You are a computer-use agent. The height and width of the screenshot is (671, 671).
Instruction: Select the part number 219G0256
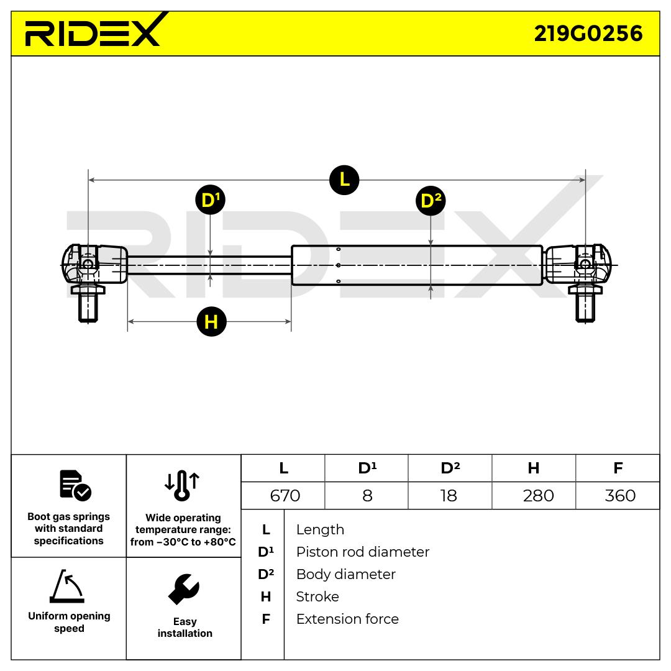(588, 33)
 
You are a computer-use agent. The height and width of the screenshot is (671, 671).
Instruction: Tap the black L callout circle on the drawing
(344, 180)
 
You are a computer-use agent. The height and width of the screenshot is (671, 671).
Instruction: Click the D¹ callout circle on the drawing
(210, 200)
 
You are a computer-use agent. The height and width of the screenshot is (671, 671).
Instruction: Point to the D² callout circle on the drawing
(431, 201)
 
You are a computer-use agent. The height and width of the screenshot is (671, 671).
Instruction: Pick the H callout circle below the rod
(211, 322)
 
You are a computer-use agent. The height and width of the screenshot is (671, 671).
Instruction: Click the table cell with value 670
(285, 495)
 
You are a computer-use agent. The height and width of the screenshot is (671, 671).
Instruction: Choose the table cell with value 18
(449, 495)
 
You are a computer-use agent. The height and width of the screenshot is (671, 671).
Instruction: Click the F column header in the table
(618, 468)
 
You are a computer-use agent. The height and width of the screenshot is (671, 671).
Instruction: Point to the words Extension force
(347, 619)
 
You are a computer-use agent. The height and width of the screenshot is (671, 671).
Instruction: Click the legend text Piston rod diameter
(362, 552)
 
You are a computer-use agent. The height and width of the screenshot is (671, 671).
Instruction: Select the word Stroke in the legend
(317, 596)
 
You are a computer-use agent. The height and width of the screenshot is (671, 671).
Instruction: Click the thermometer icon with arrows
(182, 485)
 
